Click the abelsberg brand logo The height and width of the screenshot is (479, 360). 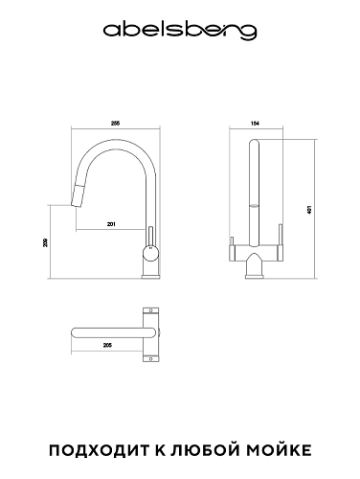coord(180,32)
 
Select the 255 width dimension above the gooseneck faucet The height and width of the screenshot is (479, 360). coord(115,124)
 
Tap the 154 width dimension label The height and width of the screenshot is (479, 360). coord(256,124)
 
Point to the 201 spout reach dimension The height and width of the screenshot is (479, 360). coord(111,224)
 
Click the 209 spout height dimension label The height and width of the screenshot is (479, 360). coord(45,242)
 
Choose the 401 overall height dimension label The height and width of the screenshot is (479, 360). coord(308,210)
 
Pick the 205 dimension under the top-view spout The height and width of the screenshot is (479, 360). coord(107,345)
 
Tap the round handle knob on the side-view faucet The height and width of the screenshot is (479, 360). coord(150,253)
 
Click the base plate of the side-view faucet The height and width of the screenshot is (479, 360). coord(150,277)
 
